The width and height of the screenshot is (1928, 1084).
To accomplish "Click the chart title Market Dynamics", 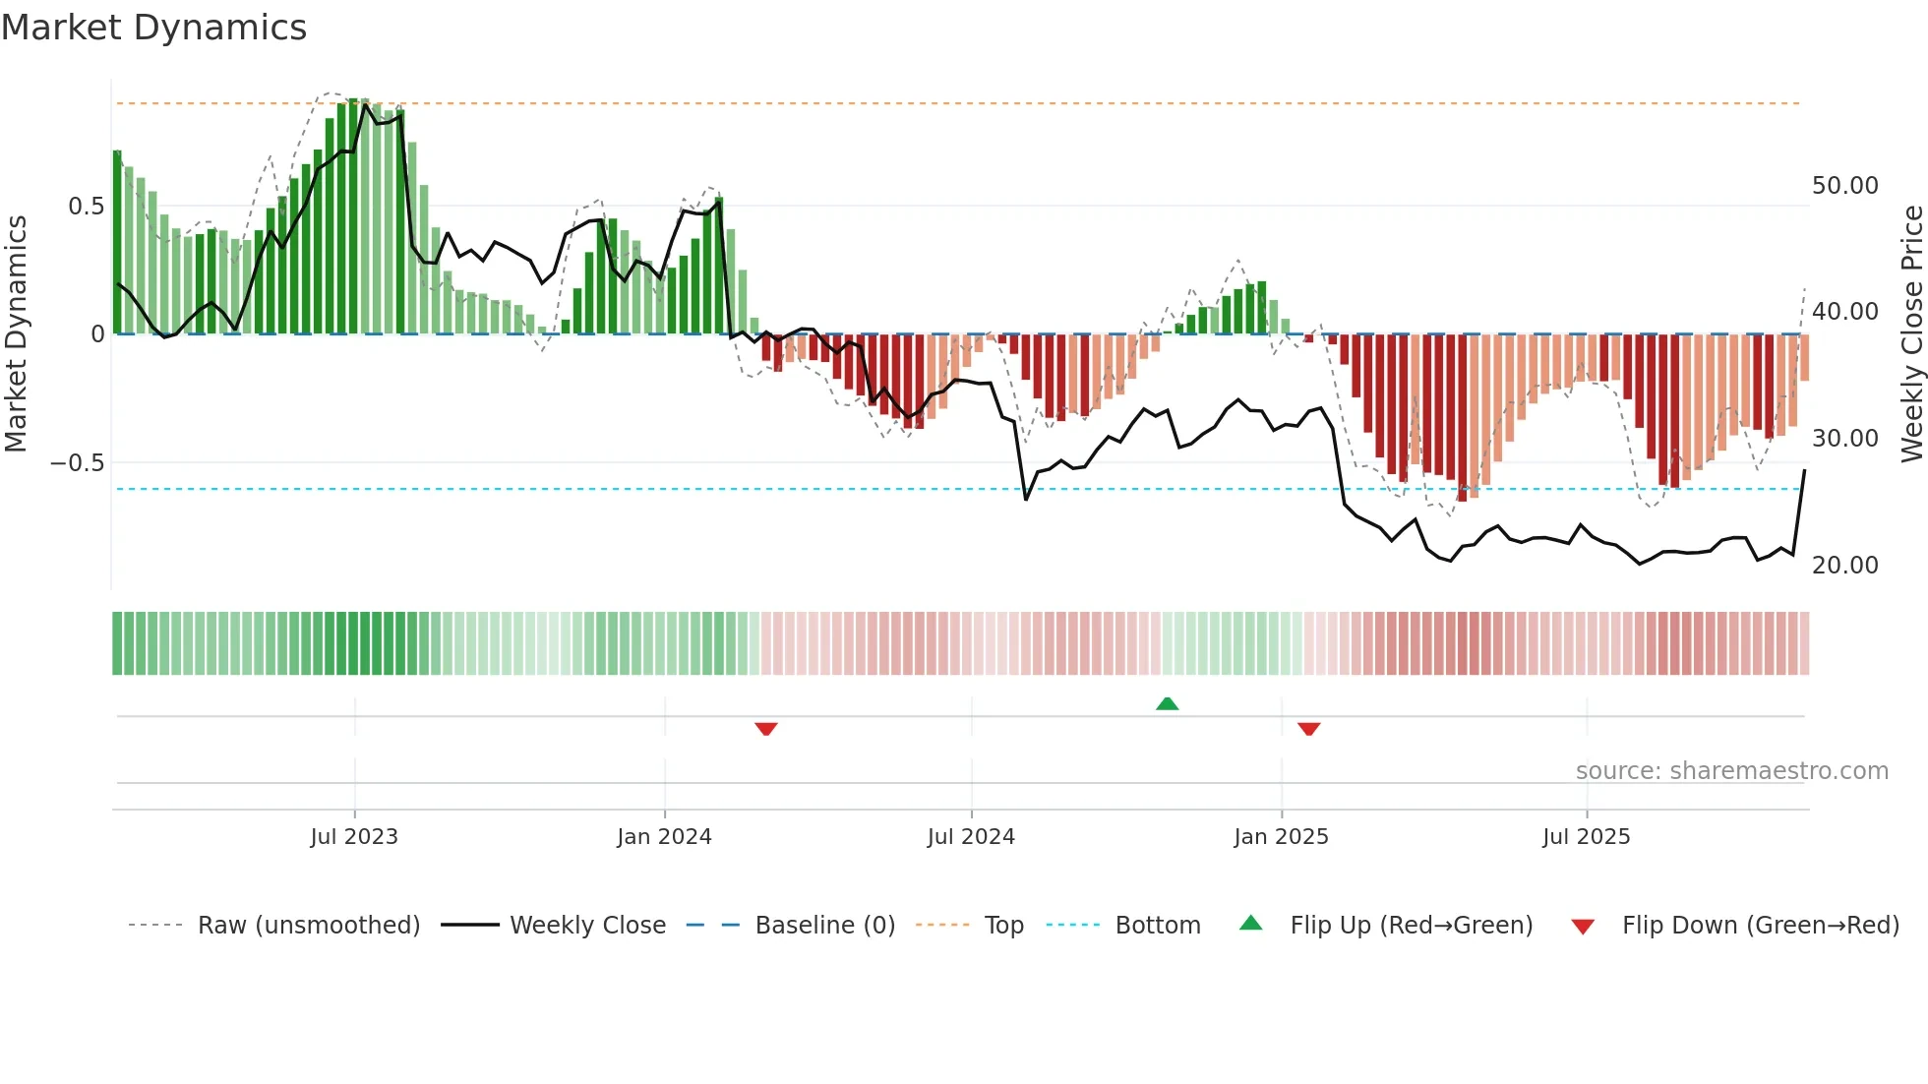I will [153, 28].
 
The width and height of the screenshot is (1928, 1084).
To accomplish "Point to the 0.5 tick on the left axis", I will [86, 207].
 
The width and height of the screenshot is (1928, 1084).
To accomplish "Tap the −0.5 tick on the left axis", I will [78, 463].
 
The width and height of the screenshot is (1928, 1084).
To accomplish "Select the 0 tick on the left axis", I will [97, 334].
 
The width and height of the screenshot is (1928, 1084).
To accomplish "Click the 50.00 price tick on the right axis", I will [1844, 186].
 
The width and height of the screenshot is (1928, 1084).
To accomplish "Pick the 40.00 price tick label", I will [1844, 312].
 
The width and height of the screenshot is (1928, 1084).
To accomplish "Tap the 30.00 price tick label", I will [1844, 439].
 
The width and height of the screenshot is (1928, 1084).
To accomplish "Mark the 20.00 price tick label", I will [1844, 566].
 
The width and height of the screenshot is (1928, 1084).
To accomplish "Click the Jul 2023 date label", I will [354, 837].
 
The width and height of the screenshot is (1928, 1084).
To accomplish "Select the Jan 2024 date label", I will [664, 837].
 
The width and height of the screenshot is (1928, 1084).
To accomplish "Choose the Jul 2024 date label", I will [971, 837].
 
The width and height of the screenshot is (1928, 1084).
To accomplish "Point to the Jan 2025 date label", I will [1281, 837].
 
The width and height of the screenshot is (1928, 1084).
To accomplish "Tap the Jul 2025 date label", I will [1586, 837].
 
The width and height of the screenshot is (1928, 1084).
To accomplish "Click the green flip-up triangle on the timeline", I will [1167, 704].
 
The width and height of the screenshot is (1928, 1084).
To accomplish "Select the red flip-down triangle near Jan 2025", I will [1308, 729].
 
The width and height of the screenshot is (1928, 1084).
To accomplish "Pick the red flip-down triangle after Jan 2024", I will [766, 729].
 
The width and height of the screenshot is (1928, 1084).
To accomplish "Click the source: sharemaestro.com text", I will [1731, 771].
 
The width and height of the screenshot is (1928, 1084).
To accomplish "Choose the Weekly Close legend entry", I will [587, 926].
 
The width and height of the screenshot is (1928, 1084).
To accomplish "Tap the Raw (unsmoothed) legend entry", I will [308, 926].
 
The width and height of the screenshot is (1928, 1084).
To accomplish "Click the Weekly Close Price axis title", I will [1911, 334].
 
